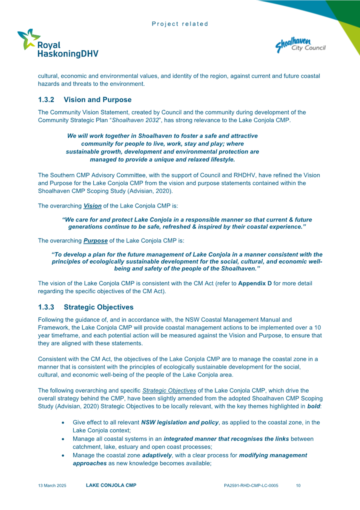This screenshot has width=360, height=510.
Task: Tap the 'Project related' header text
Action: (180, 24)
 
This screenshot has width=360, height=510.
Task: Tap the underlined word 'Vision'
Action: (92, 206)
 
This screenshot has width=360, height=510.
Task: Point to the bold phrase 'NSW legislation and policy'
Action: (180, 422)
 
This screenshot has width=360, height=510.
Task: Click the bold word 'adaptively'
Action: (155, 455)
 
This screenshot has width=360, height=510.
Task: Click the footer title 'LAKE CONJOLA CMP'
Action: (111, 485)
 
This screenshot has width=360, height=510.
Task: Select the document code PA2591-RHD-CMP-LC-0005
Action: (251, 486)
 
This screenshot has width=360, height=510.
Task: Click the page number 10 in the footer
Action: (298, 486)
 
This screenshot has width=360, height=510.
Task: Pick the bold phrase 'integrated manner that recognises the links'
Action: (226, 439)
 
